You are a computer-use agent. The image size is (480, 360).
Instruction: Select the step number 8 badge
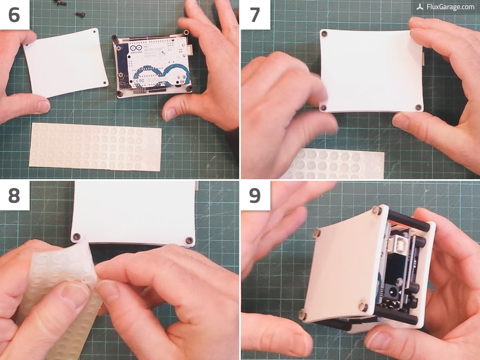(14, 195)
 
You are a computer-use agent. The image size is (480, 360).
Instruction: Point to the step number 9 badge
(255, 195)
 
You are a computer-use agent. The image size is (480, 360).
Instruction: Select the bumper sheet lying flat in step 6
(96, 146)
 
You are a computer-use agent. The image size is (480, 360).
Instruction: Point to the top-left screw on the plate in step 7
(324, 33)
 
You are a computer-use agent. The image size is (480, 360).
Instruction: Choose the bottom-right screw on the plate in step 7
(418, 107)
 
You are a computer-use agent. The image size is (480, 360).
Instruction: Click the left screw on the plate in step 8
(77, 236)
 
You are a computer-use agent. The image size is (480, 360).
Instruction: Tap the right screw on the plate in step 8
(189, 240)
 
